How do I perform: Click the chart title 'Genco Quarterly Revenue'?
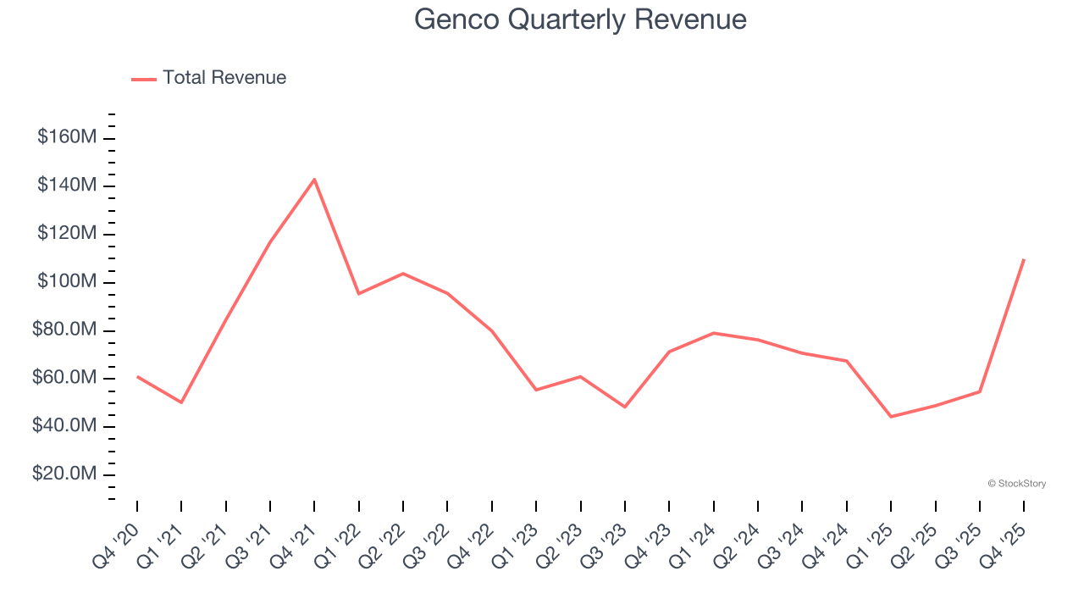pyautogui.click(x=580, y=19)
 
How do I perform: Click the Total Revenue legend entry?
pyautogui.click(x=209, y=78)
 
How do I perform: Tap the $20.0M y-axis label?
pyautogui.click(x=64, y=474)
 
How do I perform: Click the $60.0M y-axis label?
pyautogui.click(x=64, y=378)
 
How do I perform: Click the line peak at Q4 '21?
pyautogui.click(x=314, y=179)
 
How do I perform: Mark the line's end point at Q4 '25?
pyautogui.click(x=1024, y=259)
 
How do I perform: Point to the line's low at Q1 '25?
pyautogui.click(x=891, y=417)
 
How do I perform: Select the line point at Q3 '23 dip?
pyautogui.click(x=625, y=408)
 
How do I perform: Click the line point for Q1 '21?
pyautogui.click(x=181, y=402)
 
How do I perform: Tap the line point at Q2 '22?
pyautogui.click(x=403, y=274)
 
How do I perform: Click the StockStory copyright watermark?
pyautogui.click(x=1016, y=484)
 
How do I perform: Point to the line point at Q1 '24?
pyautogui.click(x=714, y=333)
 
